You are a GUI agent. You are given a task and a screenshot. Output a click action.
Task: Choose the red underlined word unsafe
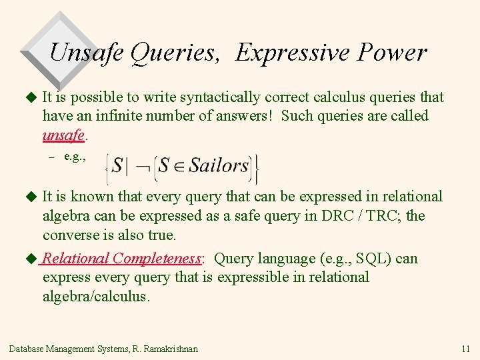click(x=63, y=135)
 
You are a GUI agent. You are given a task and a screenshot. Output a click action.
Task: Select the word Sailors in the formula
click(x=218, y=165)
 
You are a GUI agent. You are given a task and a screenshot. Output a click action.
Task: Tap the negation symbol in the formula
click(x=143, y=166)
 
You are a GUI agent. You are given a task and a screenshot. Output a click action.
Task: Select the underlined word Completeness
click(x=157, y=259)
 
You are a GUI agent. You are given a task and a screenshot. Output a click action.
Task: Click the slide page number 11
click(x=465, y=349)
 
